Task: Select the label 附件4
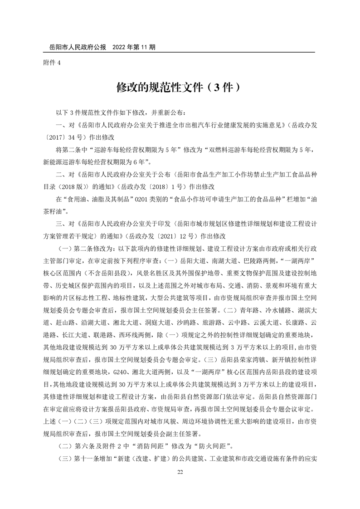click(51, 63)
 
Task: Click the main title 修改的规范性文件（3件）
click(180, 87)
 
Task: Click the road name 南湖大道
click(221, 261)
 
